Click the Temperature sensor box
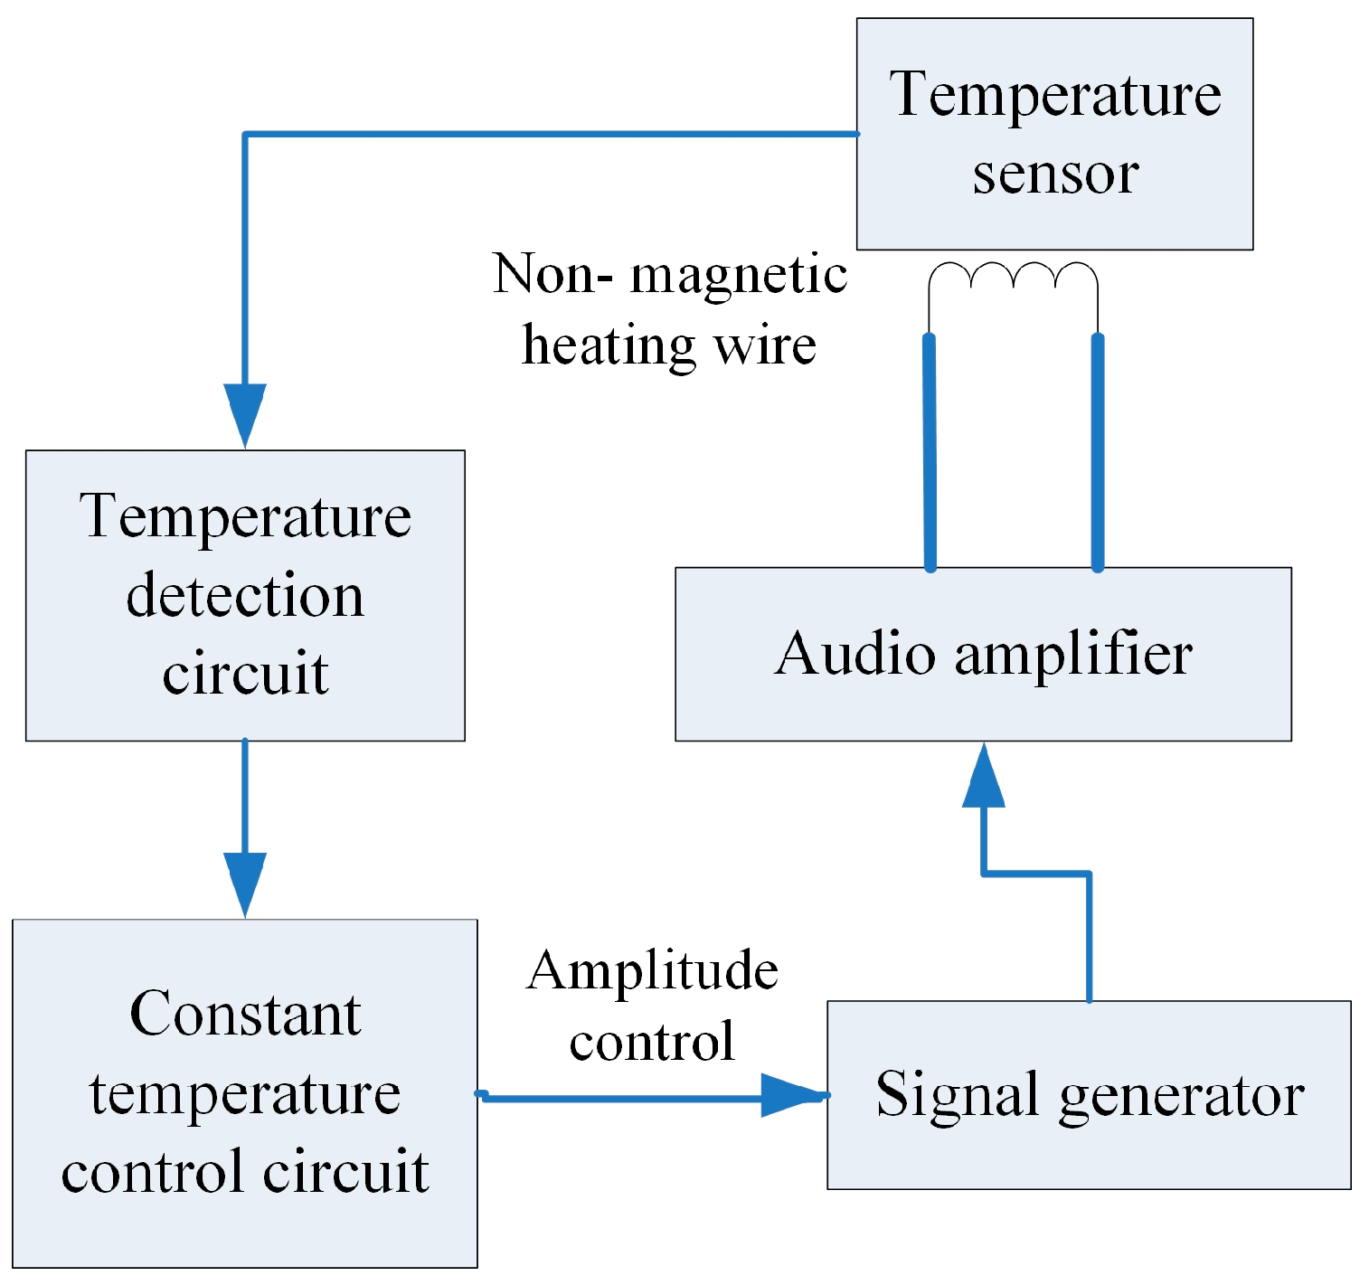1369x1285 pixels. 1054,134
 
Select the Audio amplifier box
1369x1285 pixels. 983,654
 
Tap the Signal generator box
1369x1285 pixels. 1089,1094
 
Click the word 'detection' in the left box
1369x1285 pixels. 245,597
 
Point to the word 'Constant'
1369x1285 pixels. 245,1014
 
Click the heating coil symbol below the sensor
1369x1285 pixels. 1013,277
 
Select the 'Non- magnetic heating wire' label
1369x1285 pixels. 670,309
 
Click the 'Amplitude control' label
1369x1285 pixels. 652,1006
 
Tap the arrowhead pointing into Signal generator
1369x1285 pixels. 791,1095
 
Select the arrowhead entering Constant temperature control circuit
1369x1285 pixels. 245,882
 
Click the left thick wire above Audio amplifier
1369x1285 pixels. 930,452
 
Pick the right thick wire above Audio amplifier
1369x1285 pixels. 1097,452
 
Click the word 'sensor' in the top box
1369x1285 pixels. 1055,174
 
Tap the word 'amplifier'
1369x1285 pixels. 1073,654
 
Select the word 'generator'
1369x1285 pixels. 1181,1097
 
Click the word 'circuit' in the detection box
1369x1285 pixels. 245,674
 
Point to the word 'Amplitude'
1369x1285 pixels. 652,971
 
